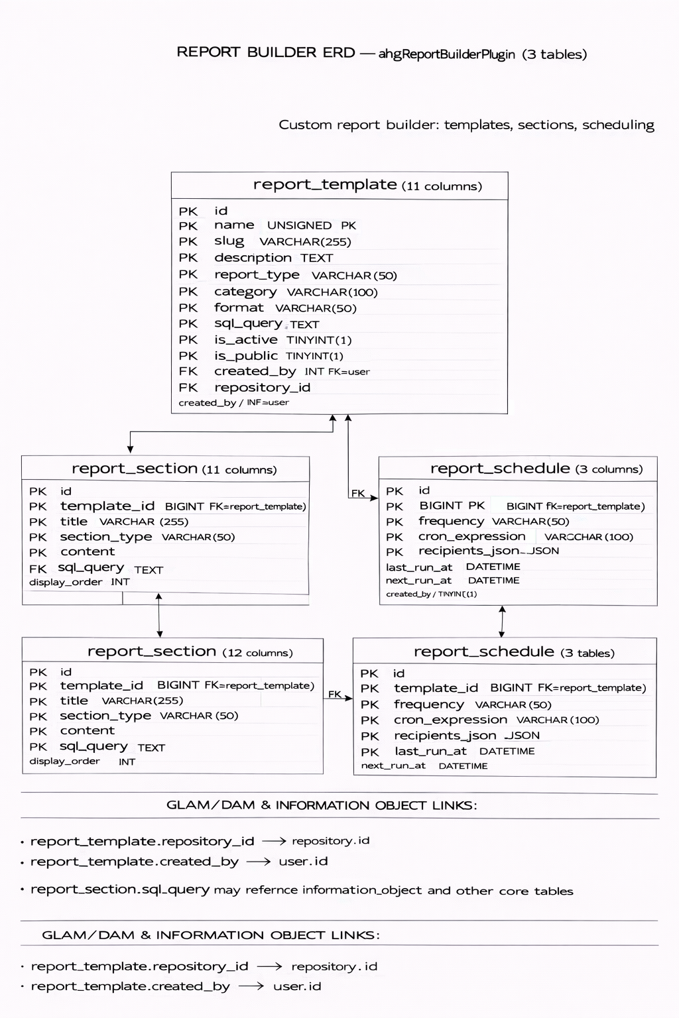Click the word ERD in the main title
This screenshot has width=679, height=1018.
(x=339, y=53)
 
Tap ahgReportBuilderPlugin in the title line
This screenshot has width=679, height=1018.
(x=446, y=54)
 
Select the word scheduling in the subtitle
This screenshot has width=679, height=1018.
(x=618, y=125)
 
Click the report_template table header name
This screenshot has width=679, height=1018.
(x=325, y=185)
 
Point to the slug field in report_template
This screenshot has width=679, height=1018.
(x=229, y=241)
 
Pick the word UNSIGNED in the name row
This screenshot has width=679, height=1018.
(x=299, y=225)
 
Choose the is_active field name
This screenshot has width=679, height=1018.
(x=245, y=340)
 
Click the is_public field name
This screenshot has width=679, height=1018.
(x=245, y=356)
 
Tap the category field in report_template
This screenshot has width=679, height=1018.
(x=245, y=292)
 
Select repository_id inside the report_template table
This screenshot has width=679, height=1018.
(x=262, y=388)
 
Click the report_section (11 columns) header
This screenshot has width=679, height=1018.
(x=174, y=469)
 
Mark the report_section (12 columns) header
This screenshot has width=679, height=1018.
(x=190, y=652)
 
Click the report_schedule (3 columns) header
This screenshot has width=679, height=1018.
(x=536, y=469)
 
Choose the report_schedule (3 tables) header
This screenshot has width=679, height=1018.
(x=514, y=652)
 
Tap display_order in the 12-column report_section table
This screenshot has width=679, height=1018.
(x=64, y=762)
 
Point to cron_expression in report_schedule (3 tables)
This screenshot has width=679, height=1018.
(x=450, y=720)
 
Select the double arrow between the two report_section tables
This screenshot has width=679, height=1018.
(x=159, y=615)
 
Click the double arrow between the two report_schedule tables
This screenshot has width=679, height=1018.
(x=502, y=621)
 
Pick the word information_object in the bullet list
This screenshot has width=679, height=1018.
(x=361, y=890)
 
